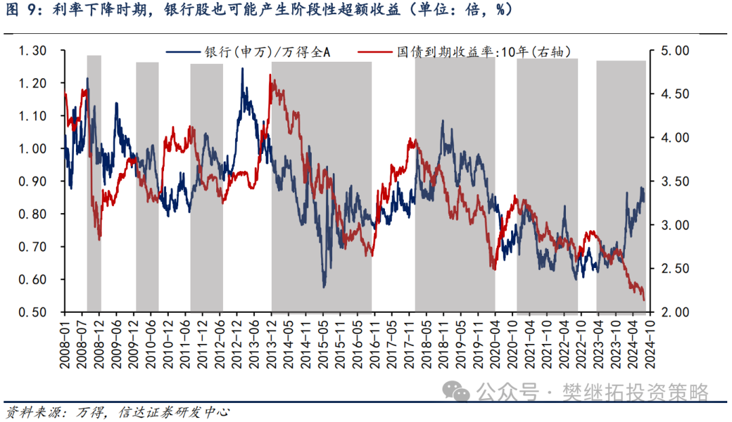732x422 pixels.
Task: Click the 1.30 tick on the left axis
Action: (x=33, y=50)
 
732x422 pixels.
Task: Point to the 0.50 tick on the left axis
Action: (x=33, y=311)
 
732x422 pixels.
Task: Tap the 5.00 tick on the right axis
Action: (x=675, y=50)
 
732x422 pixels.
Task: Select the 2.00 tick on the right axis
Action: (x=675, y=311)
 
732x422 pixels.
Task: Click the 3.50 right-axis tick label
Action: (x=675, y=181)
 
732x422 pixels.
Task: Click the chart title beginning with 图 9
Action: (x=258, y=9)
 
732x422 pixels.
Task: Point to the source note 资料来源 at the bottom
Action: (x=117, y=413)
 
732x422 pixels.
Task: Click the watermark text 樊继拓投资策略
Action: (x=635, y=392)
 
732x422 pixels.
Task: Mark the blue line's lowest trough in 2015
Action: (x=324, y=286)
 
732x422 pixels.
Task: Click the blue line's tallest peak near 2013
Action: (x=242, y=69)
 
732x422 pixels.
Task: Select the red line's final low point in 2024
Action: (x=645, y=301)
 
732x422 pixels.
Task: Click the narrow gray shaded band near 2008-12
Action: (x=94, y=184)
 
